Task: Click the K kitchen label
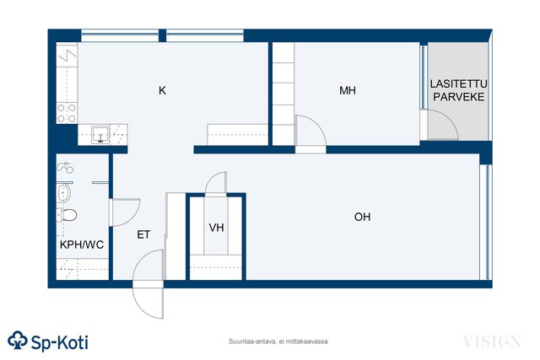click(162, 90)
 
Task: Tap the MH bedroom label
click(348, 90)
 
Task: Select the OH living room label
click(362, 217)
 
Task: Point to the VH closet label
click(216, 228)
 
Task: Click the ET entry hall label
click(143, 234)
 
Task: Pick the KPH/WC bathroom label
click(82, 244)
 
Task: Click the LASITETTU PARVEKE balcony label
click(459, 90)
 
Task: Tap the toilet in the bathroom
click(67, 215)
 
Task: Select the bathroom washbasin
click(63, 193)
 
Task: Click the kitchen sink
click(100, 135)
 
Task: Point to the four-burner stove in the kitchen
click(67, 113)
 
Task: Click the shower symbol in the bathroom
click(65, 168)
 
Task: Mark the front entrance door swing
click(148, 284)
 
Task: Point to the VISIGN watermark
click(492, 341)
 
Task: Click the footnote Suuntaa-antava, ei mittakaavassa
click(278, 341)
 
